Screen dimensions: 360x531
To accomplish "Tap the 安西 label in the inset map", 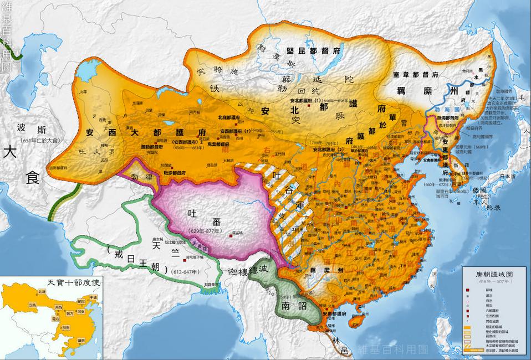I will click(x=16, y=305).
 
